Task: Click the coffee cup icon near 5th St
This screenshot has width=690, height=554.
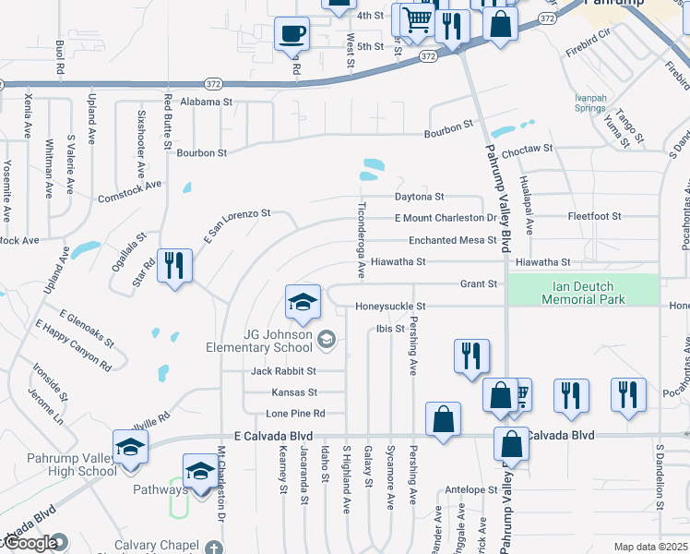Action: tap(292, 35)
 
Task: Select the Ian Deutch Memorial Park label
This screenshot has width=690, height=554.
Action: tap(583, 293)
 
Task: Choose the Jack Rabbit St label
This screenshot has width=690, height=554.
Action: tap(284, 371)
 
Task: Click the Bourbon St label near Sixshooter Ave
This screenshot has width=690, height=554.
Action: tap(201, 152)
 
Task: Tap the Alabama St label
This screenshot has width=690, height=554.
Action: tap(207, 102)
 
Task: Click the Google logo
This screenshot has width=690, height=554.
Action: tap(30, 544)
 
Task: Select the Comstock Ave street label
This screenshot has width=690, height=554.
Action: tap(129, 191)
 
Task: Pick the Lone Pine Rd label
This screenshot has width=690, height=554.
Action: tap(295, 414)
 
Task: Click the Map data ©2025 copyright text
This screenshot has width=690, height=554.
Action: tap(650, 547)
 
